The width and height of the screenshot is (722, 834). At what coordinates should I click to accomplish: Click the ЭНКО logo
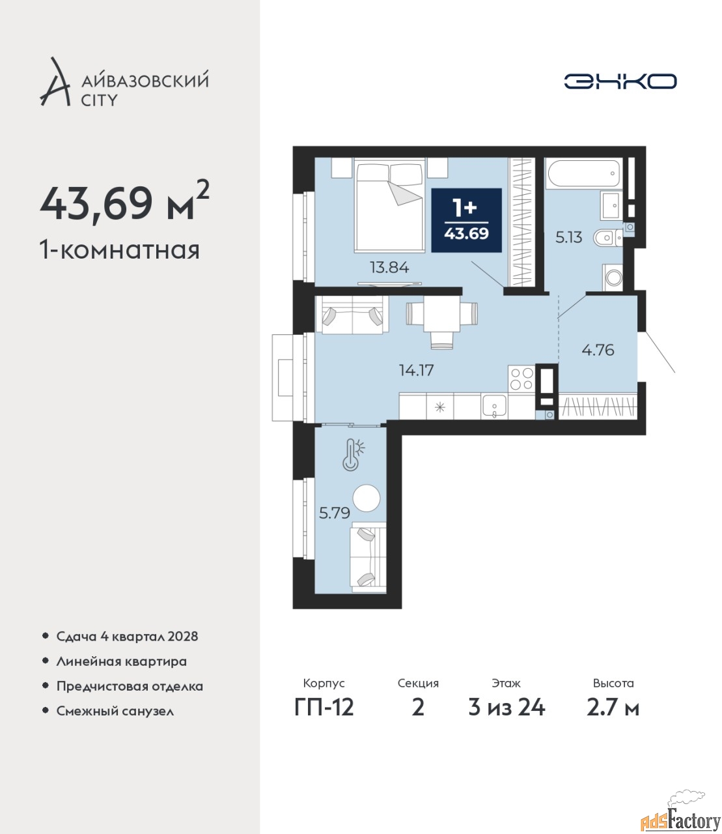point(620,81)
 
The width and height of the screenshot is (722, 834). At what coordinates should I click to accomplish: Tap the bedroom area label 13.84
point(389,267)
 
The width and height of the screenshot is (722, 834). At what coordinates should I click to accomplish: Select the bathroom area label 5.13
point(569,237)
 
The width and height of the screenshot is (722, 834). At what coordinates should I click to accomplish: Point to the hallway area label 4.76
point(598,349)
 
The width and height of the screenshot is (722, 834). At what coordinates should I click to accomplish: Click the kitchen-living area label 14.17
point(417,370)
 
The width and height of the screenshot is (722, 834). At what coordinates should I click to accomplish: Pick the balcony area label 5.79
point(335,513)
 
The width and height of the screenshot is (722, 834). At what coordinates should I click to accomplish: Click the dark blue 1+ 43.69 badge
point(466,220)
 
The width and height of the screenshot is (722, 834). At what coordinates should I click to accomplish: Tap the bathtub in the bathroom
point(583,174)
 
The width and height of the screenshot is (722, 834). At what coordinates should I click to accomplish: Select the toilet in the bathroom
point(608,238)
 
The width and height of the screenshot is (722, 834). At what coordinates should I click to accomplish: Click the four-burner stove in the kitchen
point(521,379)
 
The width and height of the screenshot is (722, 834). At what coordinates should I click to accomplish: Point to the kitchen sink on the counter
point(494,406)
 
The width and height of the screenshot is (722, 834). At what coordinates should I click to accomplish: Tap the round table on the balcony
point(367,498)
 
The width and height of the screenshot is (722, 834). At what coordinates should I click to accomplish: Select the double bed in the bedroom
point(389,206)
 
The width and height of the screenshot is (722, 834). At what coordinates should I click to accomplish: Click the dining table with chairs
point(442,320)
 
